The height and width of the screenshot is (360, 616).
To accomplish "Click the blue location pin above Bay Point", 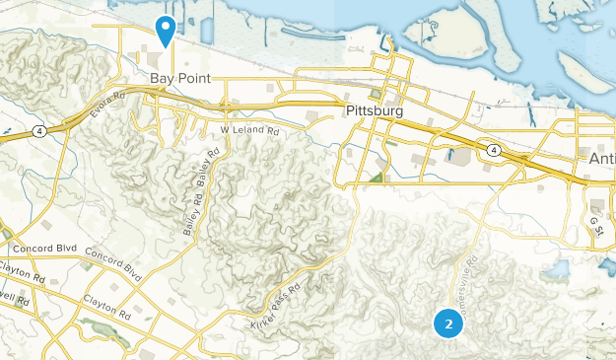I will coord(165,30).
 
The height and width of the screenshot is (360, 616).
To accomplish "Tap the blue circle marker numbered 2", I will coord(448,323).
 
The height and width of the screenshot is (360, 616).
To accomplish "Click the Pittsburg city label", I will coord(376,111).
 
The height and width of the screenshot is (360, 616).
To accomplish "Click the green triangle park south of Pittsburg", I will coord(378,178).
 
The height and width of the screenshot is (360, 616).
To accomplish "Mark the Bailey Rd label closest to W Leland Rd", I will coord(210,167).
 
